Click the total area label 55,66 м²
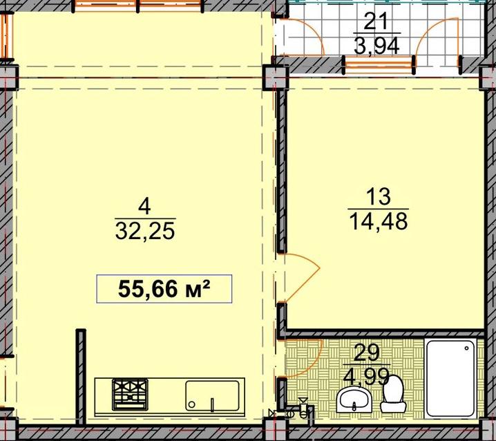[164, 289]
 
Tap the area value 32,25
[145, 231]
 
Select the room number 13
[379, 196]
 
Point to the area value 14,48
[379, 221]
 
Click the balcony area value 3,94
[376, 46]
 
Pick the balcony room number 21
[376, 22]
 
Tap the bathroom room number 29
[366, 353]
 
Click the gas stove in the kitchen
[130, 395]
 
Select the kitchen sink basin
[212, 396]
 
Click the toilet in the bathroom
[393, 393]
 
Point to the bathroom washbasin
[354, 400]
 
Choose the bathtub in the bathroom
[450, 379]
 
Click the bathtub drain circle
[466, 348]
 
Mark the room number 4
[145, 207]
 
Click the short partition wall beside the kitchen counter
[81, 377]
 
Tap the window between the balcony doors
[379, 64]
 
